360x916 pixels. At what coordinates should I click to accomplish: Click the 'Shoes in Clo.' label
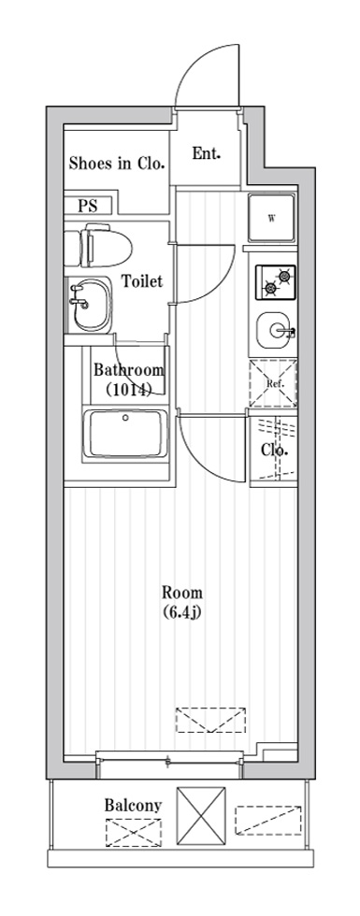point(115,164)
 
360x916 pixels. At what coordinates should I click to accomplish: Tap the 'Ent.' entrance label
point(207,153)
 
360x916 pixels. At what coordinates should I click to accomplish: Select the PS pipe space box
point(87,206)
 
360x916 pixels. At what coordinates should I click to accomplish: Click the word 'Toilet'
point(142,281)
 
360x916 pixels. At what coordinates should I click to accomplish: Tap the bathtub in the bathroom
point(125,434)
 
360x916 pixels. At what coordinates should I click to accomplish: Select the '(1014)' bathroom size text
point(129,389)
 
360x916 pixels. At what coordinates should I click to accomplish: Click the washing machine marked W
point(272,219)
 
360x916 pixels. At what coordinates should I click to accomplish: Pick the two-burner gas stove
point(275,282)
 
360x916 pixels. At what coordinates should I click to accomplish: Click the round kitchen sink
point(273,330)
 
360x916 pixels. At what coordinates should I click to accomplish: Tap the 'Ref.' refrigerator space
point(273,384)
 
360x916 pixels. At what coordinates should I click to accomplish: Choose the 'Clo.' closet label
point(273,451)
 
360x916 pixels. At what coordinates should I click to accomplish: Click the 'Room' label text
point(182,593)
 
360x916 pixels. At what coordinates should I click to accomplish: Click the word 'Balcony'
point(133,806)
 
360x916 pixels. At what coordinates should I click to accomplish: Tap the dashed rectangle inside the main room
point(210,720)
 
